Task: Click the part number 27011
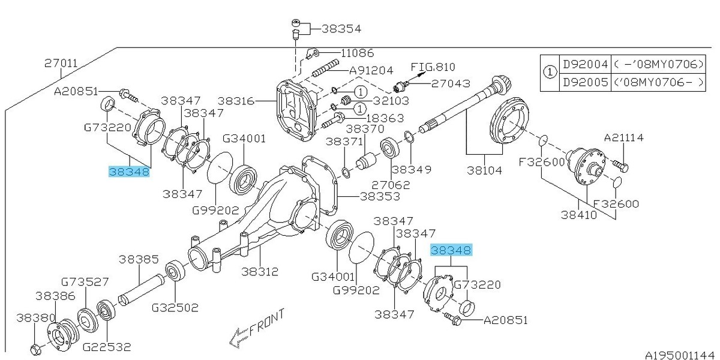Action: pos(61,62)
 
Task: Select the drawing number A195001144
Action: pos(680,354)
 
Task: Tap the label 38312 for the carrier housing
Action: pos(260,271)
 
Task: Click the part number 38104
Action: pos(485,170)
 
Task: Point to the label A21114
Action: pos(624,138)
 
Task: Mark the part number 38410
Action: pos(579,214)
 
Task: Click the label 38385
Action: pos(139,260)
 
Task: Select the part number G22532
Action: pos(106,346)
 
